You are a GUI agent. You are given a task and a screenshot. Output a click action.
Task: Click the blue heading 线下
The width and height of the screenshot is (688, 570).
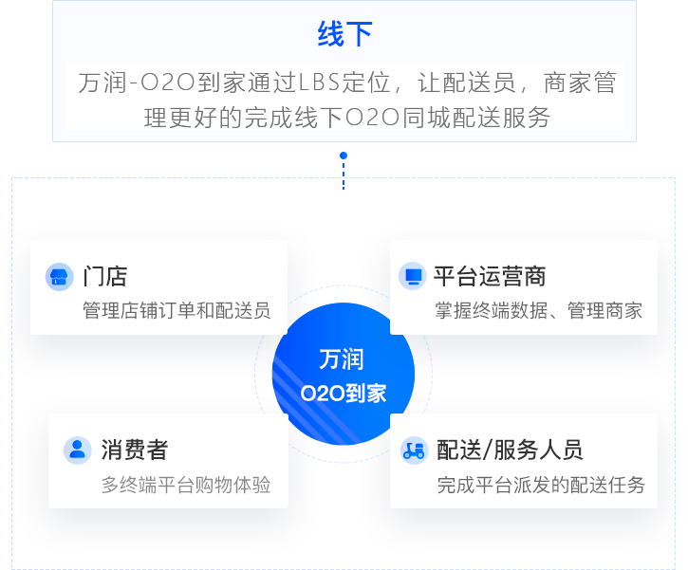(x=344, y=34)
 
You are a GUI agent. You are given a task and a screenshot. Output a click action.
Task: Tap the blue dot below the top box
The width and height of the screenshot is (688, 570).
(x=344, y=156)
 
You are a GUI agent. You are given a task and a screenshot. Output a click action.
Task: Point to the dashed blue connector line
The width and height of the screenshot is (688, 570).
(x=344, y=175)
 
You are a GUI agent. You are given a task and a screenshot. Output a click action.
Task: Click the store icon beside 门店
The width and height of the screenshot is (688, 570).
(x=59, y=277)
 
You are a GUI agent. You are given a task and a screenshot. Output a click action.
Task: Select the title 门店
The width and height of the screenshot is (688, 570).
(x=105, y=277)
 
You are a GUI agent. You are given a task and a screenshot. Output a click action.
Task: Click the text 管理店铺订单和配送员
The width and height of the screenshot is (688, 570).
(x=177, y=310)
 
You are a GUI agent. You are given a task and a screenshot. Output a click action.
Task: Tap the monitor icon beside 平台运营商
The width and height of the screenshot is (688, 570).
(x=413, y=276)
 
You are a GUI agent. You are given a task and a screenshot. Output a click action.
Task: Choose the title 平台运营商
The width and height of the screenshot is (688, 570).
(x=490, y=276)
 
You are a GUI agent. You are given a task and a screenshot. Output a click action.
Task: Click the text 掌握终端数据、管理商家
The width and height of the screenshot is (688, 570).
(x=538, y=310)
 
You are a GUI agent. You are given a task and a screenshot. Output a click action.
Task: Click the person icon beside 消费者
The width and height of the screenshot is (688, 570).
(x=78, y=450)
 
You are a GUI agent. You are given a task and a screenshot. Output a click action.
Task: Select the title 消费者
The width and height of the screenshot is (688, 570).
(x=134, y=450)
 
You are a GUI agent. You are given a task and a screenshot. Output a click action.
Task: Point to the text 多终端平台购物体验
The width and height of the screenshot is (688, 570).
(x=186, y=485)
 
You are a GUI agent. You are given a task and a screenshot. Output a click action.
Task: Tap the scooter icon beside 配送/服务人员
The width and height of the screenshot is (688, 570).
(x=414, y=450)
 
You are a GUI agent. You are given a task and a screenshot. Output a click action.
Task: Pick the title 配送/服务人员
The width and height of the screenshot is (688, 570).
(x=510, y=450)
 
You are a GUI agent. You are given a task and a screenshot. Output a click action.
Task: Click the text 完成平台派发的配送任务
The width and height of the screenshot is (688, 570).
(x=541, y=485)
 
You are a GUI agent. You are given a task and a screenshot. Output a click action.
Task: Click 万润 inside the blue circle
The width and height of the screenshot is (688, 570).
(x=342, y=359)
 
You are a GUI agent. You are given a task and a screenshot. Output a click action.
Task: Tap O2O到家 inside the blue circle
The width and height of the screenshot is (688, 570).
(x=344, y=394)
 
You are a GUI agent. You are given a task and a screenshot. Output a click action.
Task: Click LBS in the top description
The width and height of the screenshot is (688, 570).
(x=319, y=83)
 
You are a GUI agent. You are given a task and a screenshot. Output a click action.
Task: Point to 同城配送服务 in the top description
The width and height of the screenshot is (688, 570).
(x=476, y=117)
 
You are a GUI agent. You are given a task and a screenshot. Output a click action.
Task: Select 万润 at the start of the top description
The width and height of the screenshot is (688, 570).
(x=102, y=83)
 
